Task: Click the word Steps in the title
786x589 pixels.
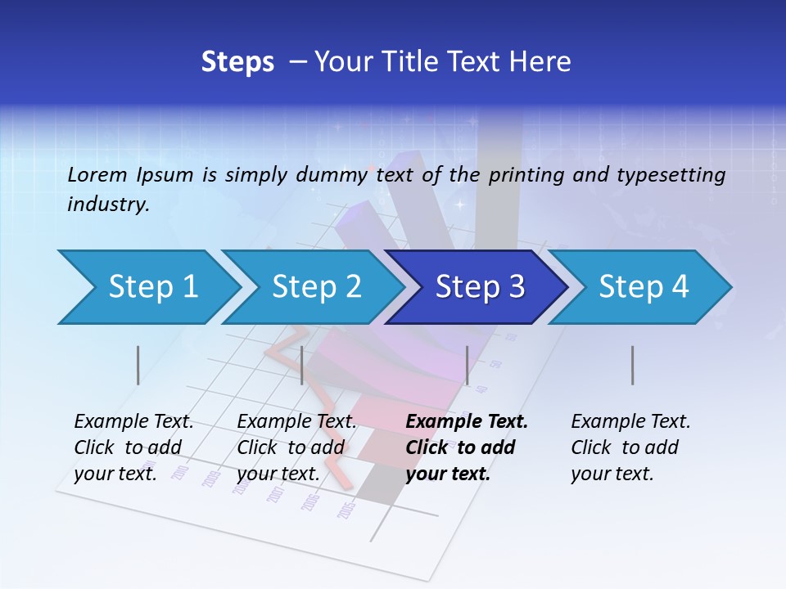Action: (x=237, y=62)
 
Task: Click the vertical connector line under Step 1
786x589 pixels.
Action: (x=138, y=365)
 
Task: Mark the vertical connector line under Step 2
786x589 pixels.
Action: (x=302, y=365)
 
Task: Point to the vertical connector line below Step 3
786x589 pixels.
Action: (x=467, y=365)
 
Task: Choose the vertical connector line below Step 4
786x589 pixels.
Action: (x=632, y=365)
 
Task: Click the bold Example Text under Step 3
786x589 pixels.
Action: (x=467, y=422)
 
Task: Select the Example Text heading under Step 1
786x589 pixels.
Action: (x=133, y=422)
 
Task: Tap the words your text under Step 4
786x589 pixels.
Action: (x=612, y=474)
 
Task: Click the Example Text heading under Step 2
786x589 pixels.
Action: (x=296, y=422)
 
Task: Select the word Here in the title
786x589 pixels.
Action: (x=544, y=62)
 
